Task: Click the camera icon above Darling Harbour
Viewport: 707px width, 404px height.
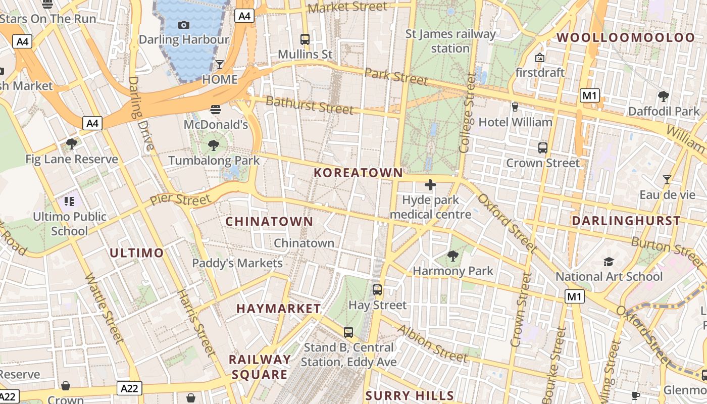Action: point(184,25)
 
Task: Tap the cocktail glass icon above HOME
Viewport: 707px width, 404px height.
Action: point(220,64)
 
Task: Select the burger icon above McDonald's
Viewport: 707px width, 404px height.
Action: point(216,109)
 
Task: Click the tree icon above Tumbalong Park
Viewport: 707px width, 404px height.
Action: point(214,145)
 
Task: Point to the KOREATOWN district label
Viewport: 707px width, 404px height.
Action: point(358,173)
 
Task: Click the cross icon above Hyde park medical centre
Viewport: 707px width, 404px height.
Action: point(430,185)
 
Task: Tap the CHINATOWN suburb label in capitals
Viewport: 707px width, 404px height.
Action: point(269,222)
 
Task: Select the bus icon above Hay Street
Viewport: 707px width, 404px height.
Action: point(377,290)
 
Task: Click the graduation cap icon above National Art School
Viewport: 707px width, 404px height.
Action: point(609,262)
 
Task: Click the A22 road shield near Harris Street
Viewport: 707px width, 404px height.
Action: point(130,388)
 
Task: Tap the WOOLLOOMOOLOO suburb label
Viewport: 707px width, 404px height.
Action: point(626,37)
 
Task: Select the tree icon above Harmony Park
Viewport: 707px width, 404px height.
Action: point(453,256)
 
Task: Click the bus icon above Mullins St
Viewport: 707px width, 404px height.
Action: point(305,39)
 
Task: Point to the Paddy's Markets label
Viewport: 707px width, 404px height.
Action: point(237,263)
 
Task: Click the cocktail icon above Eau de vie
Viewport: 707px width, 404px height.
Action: point(667,179)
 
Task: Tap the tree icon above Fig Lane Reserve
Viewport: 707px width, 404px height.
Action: point(72,144)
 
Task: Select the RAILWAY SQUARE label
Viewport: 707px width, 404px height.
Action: point(260,367)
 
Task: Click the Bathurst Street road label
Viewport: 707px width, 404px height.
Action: point(309,105)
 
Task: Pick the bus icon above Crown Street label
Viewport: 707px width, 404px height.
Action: point(543,148)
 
